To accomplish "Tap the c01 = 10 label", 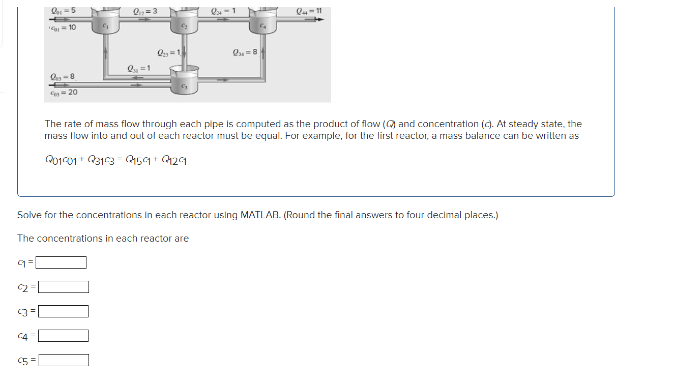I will click(x=63, y=27).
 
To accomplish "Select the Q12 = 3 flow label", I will click(x=144, y=11).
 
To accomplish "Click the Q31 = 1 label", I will click(x=138, y=69).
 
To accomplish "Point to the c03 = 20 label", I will click(x=64, y=92).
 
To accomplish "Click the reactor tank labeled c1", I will click(x=105, y=23).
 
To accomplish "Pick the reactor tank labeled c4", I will click(x=263, y=23).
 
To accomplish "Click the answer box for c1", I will click(x=61, y=262).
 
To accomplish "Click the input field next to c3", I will click(x=64, y=311).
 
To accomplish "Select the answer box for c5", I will click(x=64, y=360).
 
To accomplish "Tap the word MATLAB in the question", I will click(x=259, y=215).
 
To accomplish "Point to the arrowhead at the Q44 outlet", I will click(x=320, y=19).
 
